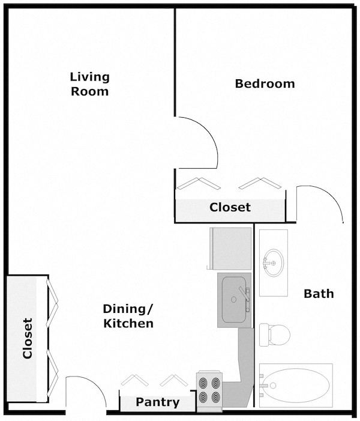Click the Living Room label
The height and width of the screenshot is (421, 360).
pyautogui.click(x=89, y=84)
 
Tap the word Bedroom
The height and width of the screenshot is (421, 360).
pyautogui.click(x=265, y=83)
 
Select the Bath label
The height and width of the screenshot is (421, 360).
pyautogui.click(x=319, y=294)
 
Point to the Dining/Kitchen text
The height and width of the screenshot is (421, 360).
pyautogui.click(x=128, y=316)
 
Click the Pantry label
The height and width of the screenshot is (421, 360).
pyautogui.click(x=157, y=402)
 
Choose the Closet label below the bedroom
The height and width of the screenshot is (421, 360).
pyautogui.click(x=230, y=207)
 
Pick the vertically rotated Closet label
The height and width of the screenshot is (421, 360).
pyautogui.click(x=28, y=338)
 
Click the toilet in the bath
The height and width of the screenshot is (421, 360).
pyautogui.click(x=276, y=333)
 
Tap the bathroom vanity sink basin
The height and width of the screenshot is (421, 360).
pyautogui.click(x=274, y=262)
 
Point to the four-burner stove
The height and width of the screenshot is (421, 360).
pyautogui.click(x=209, y=390)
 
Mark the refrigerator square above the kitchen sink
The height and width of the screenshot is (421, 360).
pyautogui.click(x=230, y=248)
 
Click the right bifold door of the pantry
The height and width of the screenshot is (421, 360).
pyautogui.click(x=174, y=380)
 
